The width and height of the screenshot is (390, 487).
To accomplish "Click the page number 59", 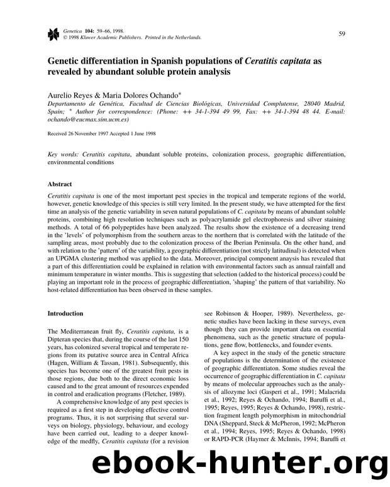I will pos(341,33).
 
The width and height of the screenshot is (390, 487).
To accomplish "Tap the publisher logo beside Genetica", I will pos(53,33).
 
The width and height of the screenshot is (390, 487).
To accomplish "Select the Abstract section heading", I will pos(61,184).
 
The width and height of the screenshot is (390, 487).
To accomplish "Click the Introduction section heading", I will pos(65,313).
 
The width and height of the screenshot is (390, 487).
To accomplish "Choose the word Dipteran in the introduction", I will pos(61,338).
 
